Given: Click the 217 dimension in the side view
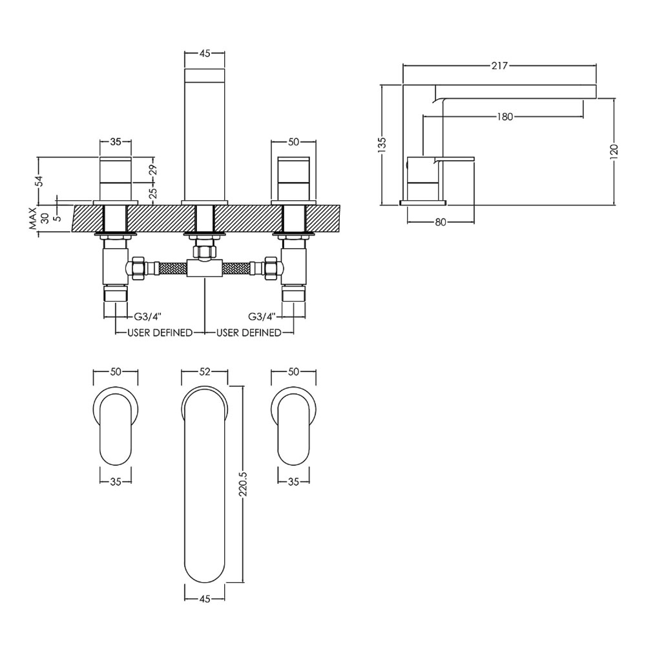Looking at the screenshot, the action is (499, 65).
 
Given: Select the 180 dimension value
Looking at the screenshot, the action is (505, 117).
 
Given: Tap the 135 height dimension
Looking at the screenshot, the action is (382, 145).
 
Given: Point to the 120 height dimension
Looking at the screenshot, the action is (614, 151).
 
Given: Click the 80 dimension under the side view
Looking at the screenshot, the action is (441, 222).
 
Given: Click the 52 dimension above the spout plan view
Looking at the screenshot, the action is (205, 371).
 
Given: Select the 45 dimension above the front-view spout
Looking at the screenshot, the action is (205, 53).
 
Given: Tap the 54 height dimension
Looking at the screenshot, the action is (39, 180).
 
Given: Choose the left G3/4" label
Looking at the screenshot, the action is (147, 317).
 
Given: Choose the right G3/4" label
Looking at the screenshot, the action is (261, 317).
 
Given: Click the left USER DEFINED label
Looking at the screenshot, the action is (160, 333).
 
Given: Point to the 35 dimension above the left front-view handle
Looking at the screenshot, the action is (116, 141).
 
